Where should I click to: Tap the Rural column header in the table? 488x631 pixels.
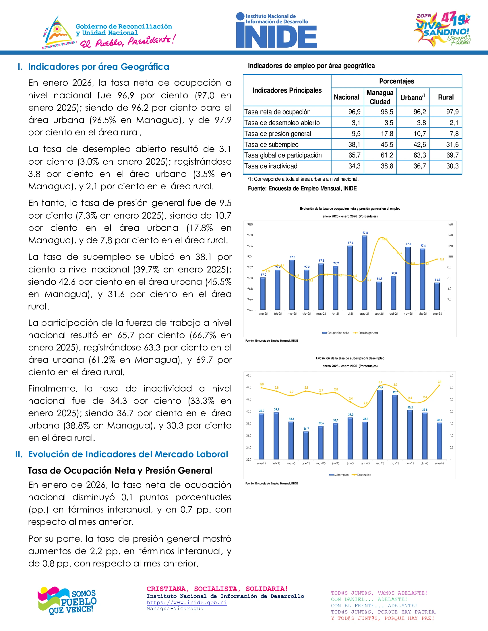(446, 97)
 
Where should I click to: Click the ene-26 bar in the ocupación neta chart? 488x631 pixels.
(437, 296)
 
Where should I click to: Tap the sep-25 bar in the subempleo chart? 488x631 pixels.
(380, 424)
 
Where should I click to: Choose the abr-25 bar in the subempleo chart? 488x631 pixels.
(306, 445)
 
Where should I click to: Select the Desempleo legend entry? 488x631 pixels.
(362, 475)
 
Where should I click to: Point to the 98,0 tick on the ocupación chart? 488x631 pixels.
(250, 225)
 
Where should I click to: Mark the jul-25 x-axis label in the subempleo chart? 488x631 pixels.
(350, 463)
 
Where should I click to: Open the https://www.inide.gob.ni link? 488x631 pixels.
(187, 602)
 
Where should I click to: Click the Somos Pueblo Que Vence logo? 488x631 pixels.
(67, 601)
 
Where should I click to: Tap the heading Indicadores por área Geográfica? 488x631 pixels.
(98, 67)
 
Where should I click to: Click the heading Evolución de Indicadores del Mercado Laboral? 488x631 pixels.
(128, 454)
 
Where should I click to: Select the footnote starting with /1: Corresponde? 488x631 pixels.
(303, 179)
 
